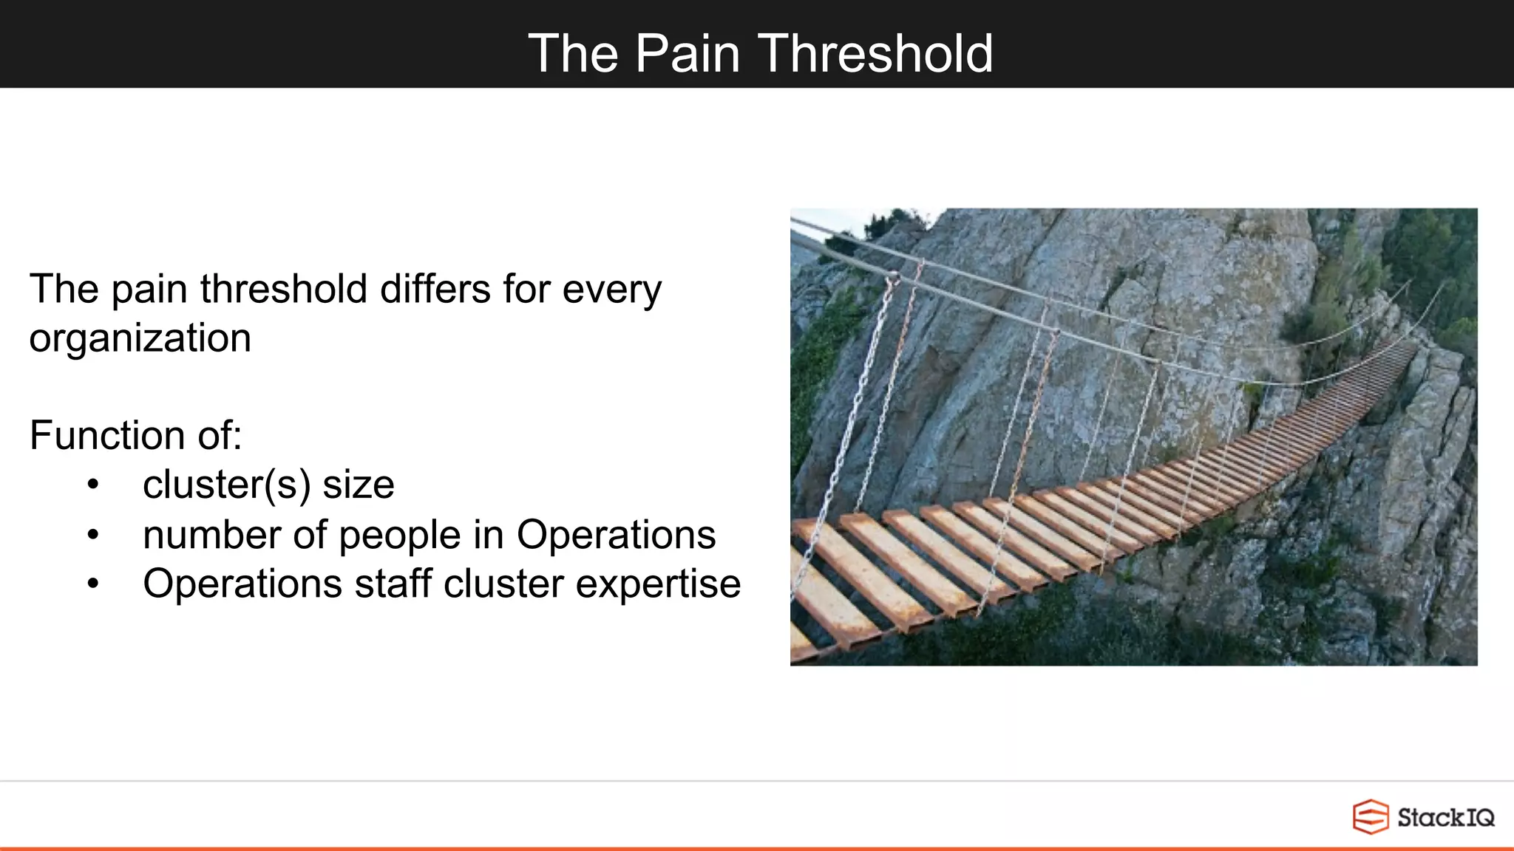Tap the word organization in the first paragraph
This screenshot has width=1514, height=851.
pos(140,339)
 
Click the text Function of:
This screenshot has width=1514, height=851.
pos(136,435)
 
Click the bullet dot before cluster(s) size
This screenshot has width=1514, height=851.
pos(92,485)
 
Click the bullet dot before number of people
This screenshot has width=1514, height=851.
pos(92,535)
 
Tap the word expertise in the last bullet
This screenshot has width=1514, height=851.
pos(658,584)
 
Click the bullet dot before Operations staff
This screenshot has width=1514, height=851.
pos(92,584)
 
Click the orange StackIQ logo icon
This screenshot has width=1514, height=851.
pos(1370,817)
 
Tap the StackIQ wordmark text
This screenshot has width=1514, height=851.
pos(1445,818)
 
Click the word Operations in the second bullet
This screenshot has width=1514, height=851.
pos(616,535)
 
